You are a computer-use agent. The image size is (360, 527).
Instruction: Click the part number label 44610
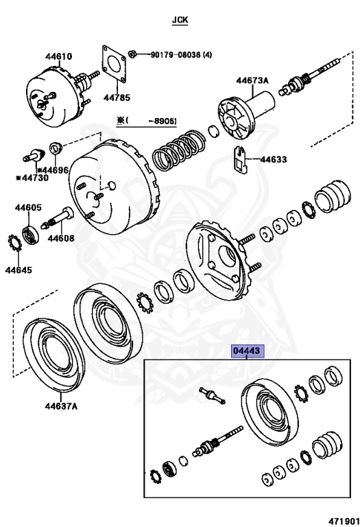59,56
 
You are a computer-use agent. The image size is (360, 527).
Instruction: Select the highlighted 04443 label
247,351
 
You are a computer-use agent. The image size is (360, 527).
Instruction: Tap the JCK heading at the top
180,20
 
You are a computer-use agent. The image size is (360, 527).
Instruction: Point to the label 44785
117,97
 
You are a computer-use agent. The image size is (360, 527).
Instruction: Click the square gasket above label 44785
115,65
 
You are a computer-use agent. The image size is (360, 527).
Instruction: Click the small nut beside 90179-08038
132,54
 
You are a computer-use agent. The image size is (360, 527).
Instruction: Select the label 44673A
252,80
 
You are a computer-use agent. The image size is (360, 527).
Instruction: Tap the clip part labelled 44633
240,160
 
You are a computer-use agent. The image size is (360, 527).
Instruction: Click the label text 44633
274,159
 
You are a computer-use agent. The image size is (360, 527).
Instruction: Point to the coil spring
178,149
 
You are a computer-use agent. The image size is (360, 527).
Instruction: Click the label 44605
28,208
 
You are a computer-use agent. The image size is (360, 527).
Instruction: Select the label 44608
61,238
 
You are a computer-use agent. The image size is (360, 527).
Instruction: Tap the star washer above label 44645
14,243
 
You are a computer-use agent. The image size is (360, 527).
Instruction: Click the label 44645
19,270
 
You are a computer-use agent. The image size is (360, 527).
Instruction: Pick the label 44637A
61,406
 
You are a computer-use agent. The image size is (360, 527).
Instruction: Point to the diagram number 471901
344,521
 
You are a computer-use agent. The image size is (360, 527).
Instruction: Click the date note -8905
163,121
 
